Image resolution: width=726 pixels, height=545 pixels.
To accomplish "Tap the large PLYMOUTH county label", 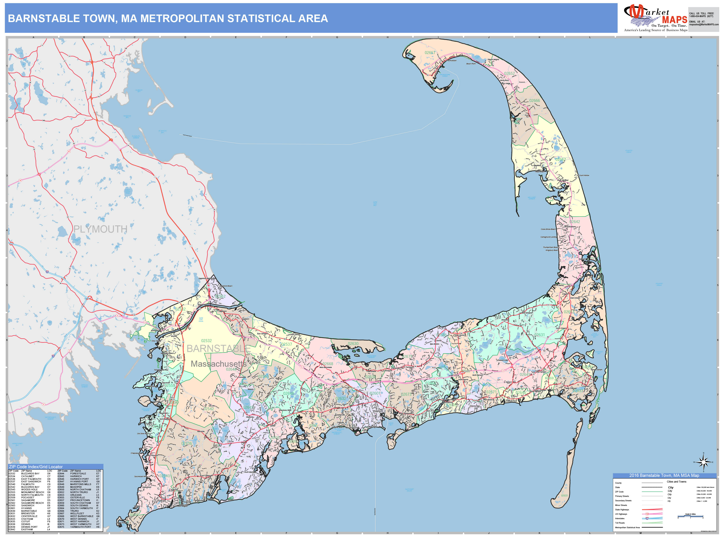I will click(100, 229).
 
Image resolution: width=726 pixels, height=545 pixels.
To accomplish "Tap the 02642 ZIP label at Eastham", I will click(575, 222).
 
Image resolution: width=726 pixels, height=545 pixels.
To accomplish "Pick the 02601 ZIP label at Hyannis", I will click(375, 393).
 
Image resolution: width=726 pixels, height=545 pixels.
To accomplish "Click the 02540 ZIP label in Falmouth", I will click(165, 476).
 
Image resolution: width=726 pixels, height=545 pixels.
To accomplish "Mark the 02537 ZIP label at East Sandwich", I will click(287, 344).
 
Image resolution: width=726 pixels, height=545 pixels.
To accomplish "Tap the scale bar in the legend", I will click(690, 517).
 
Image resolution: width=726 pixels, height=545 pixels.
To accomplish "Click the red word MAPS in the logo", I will click(675, 20).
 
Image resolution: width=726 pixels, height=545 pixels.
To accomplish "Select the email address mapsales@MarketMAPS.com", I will click(704, 25).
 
